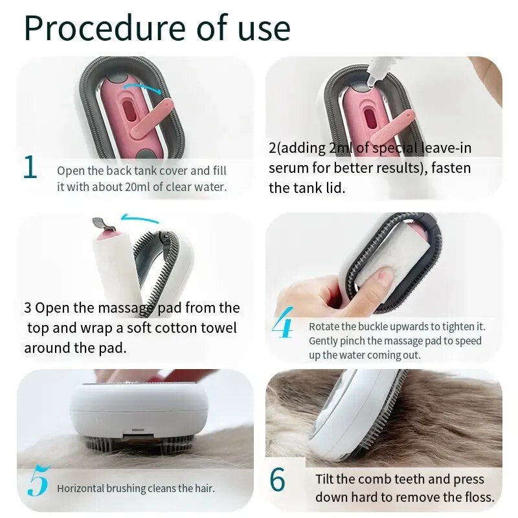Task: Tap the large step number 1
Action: point(30,167)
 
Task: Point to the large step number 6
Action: point(277,480)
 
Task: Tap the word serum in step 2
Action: point(288,168)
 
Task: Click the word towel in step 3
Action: point(216,328)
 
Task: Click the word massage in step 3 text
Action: point(124,308)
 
